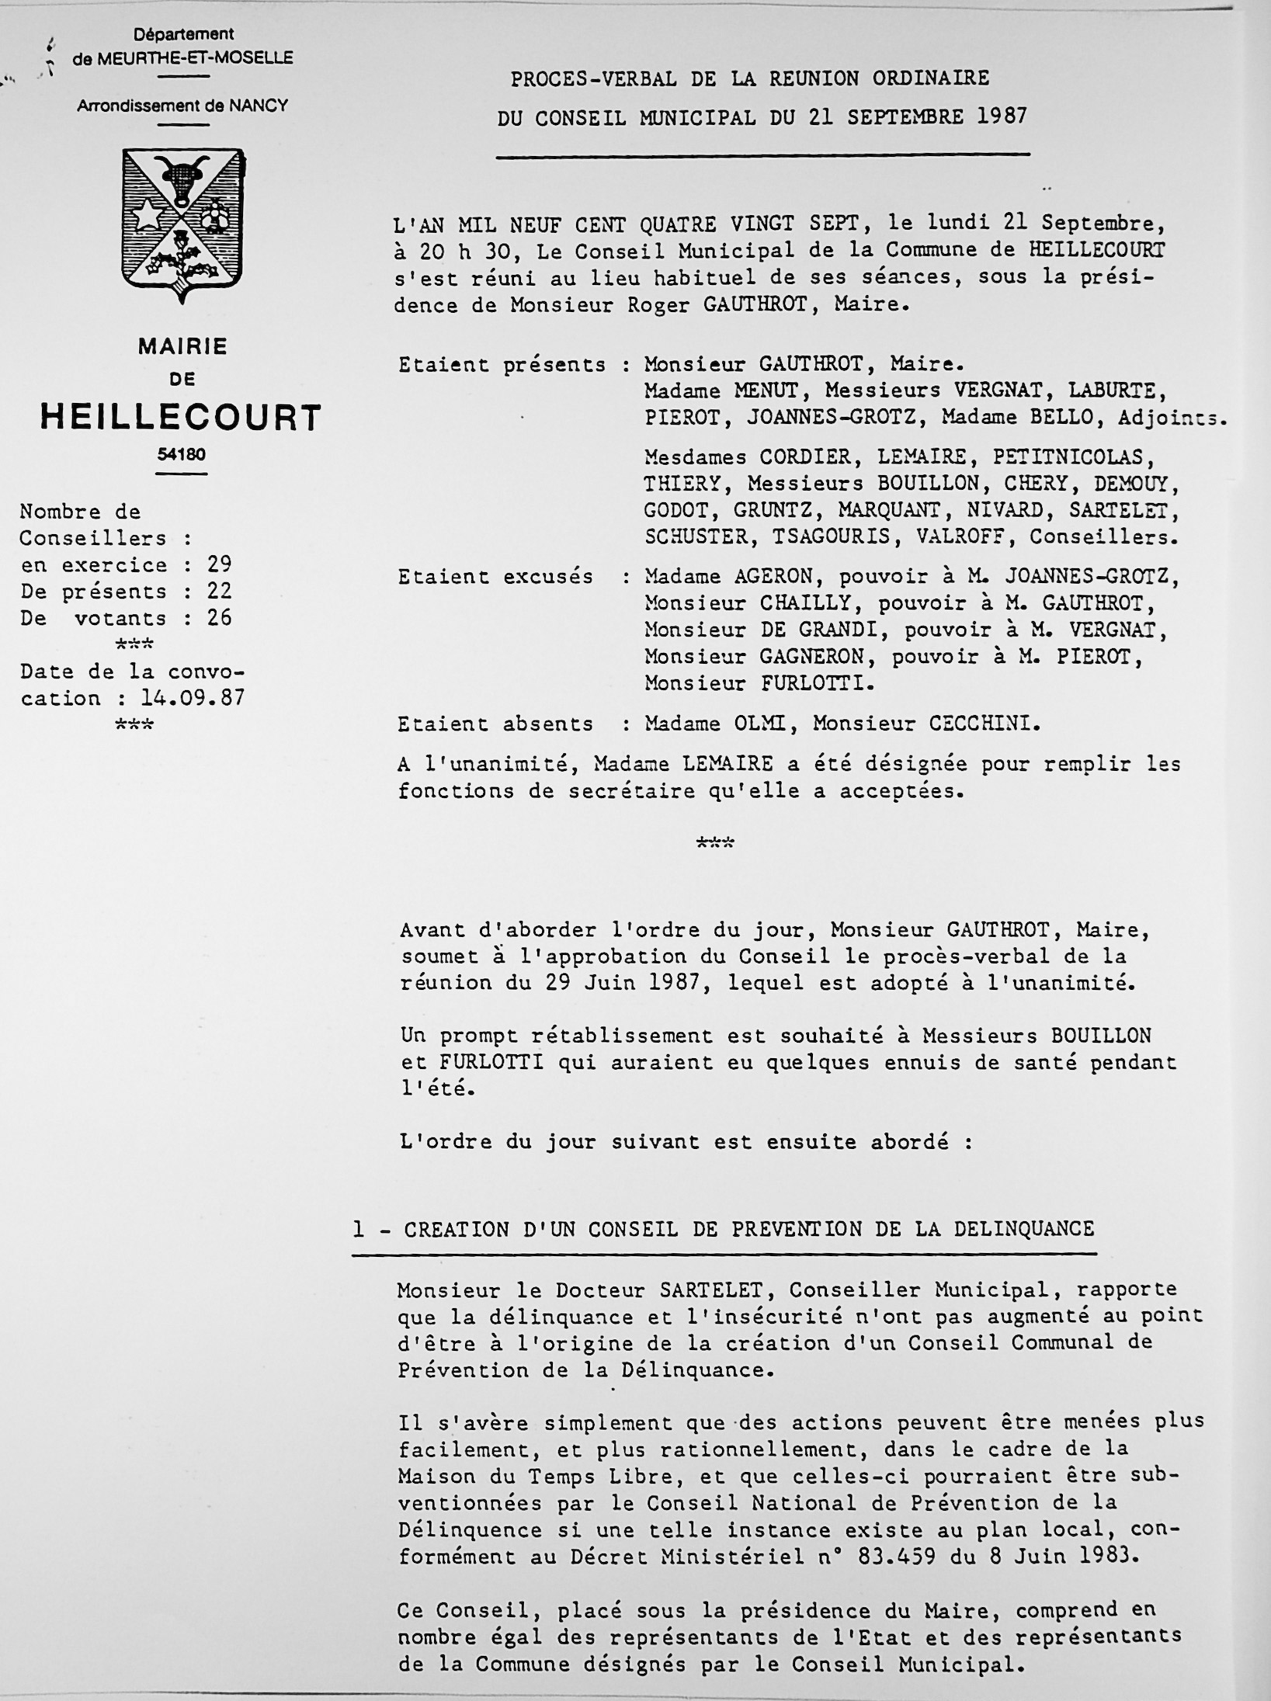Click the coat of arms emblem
[x=185, y=226]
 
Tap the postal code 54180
[x=181, y=455]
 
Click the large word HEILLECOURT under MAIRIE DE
[x=180, y=418]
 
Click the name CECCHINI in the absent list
[x=982, y=724]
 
